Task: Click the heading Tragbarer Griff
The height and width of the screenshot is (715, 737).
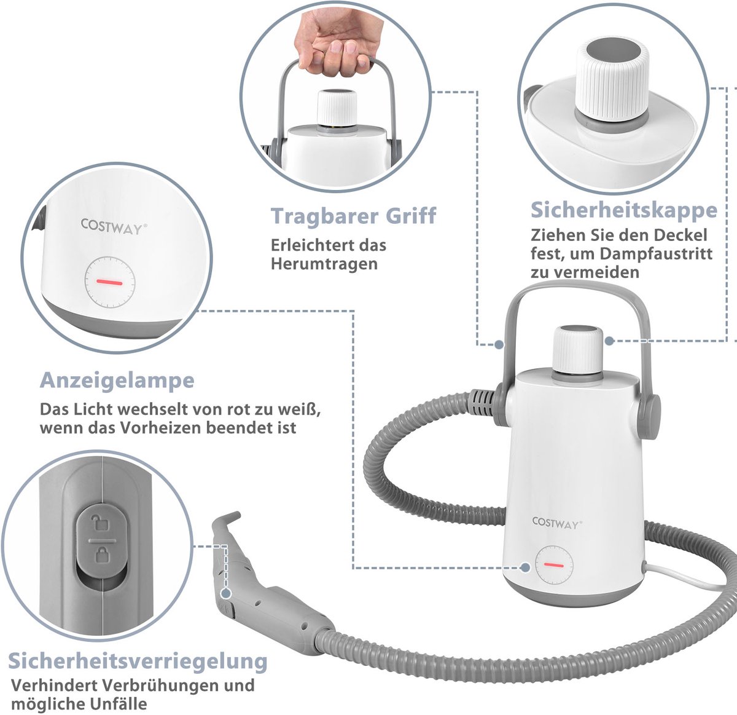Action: (x=353, y=216)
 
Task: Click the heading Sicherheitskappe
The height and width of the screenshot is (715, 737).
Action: (x=624, y=210)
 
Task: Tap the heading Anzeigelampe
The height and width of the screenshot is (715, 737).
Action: (x=117, y=380)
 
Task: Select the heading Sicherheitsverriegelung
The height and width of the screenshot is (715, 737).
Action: (x=138, y=661)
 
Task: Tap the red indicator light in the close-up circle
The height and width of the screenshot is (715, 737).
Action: (x=109, y=282)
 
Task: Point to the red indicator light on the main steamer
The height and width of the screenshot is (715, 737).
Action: (x=554, y=565)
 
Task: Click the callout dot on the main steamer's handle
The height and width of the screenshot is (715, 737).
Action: (x=499, y=344)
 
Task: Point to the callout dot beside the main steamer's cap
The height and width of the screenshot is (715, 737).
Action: (x=609, y=341)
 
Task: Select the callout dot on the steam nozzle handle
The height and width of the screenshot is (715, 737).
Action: (x=226, y=593)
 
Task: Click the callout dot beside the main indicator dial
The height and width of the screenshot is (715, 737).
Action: (x=525, y=567)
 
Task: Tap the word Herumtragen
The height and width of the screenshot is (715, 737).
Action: (x=324, y=264)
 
